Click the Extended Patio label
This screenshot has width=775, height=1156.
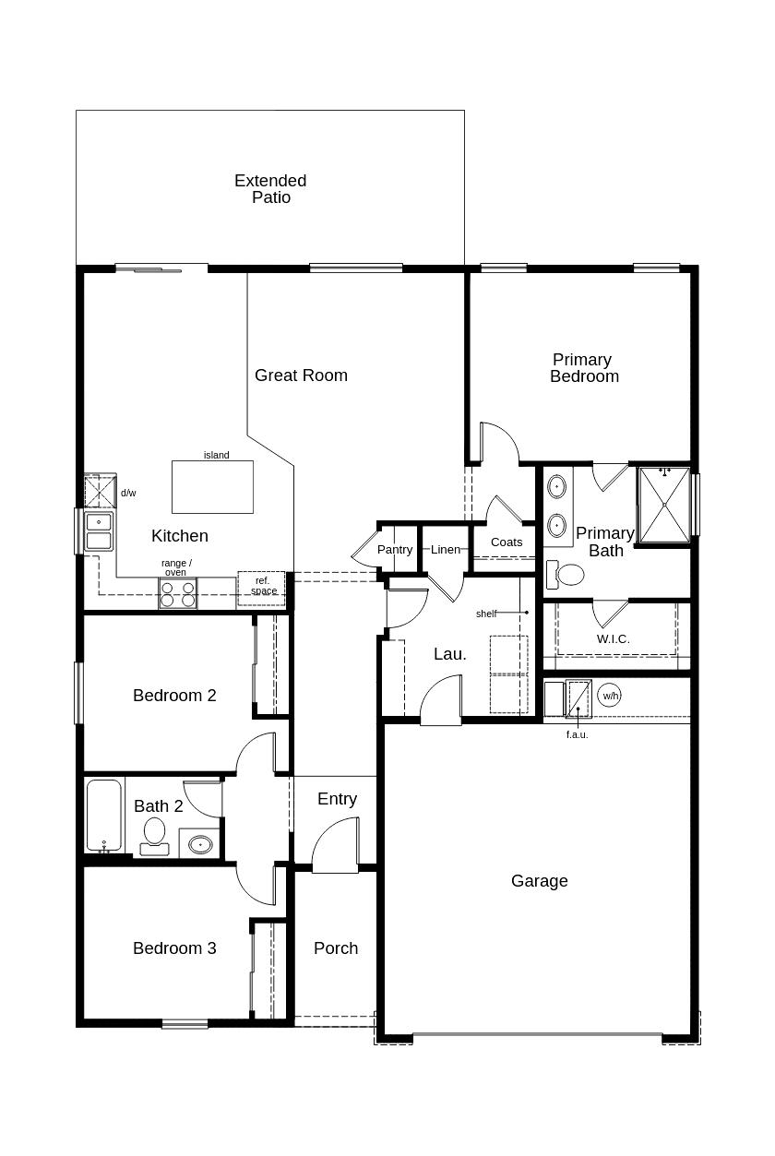[270, 188]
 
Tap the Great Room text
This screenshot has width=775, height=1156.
[301, 375]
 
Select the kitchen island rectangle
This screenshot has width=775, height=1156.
[212, 486]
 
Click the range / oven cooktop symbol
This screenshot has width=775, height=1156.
[177, 593]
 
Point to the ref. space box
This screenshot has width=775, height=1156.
[262, 589]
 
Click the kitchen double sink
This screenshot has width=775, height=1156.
[99, 531]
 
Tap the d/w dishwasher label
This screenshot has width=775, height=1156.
[128, 493]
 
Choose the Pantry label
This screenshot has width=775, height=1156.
[395, 550]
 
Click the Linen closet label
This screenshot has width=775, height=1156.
[446, 550]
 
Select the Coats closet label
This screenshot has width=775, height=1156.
[507, 542]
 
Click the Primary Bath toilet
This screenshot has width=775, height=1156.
[565, 574]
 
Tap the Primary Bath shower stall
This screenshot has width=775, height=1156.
[664, 505]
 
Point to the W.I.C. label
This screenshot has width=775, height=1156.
[613, 639]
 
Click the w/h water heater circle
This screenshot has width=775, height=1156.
[609, 696]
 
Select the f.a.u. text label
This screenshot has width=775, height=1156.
[577, 735]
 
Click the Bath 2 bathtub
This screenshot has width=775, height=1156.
[104, 816]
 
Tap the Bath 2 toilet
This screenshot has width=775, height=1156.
[154, 836]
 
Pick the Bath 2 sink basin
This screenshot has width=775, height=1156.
[200, 844]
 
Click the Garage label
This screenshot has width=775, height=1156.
[539, 881]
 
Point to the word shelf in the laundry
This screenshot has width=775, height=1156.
[486, 614]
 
